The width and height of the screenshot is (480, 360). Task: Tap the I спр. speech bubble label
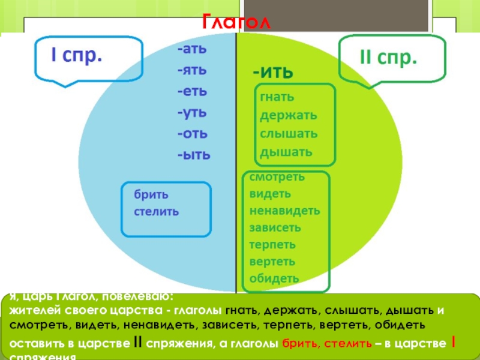(76, 56)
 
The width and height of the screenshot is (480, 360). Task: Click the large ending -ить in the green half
(272, 73)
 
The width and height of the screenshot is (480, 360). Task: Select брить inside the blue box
(151, 195)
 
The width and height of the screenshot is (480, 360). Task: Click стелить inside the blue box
(157, 211)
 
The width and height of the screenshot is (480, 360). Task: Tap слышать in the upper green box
(289, 133)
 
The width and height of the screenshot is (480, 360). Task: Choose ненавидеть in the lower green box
(284, 211)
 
